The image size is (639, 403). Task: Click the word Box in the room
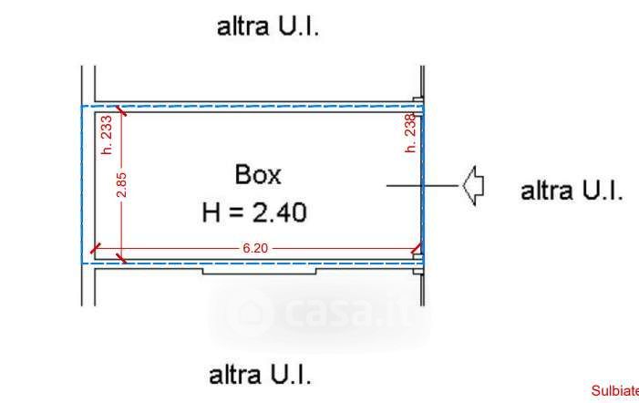pos(258,174)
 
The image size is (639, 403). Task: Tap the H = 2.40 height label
pos(254,212)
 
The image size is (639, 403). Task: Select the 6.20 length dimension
pos(255,248)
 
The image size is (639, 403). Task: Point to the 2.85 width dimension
pos(121,184)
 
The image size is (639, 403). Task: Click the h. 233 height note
pos(107,134)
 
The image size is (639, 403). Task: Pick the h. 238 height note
pos(411,133)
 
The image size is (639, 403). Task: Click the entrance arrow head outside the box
pos(473,185)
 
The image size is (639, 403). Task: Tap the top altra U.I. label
pos(268,26)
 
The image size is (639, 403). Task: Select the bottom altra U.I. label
pos(260,375)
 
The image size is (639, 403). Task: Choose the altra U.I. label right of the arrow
pos(572,191)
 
